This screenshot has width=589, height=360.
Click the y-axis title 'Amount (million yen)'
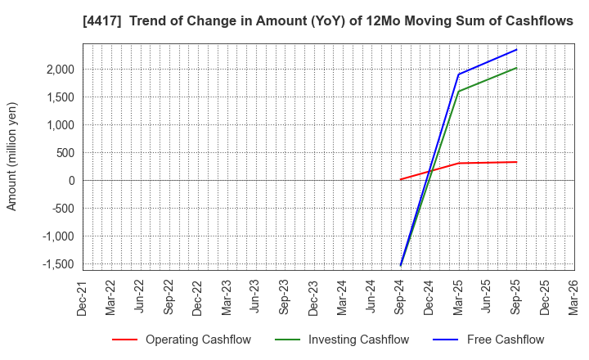(x=12, y=156)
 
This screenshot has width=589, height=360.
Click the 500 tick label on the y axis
(x=64, y=153)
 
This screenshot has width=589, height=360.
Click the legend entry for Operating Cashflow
(x=182, y=340)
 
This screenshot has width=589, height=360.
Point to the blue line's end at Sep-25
(x=516, y=49)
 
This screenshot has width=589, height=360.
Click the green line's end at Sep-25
(x=516, y=68)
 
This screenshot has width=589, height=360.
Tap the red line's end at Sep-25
(x=516, y=162)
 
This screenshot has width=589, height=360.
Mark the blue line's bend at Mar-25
(x=458, y=74)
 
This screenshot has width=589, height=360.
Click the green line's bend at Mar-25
(x=458, y=92)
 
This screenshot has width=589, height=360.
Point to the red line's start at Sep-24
(x=401, y=179)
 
